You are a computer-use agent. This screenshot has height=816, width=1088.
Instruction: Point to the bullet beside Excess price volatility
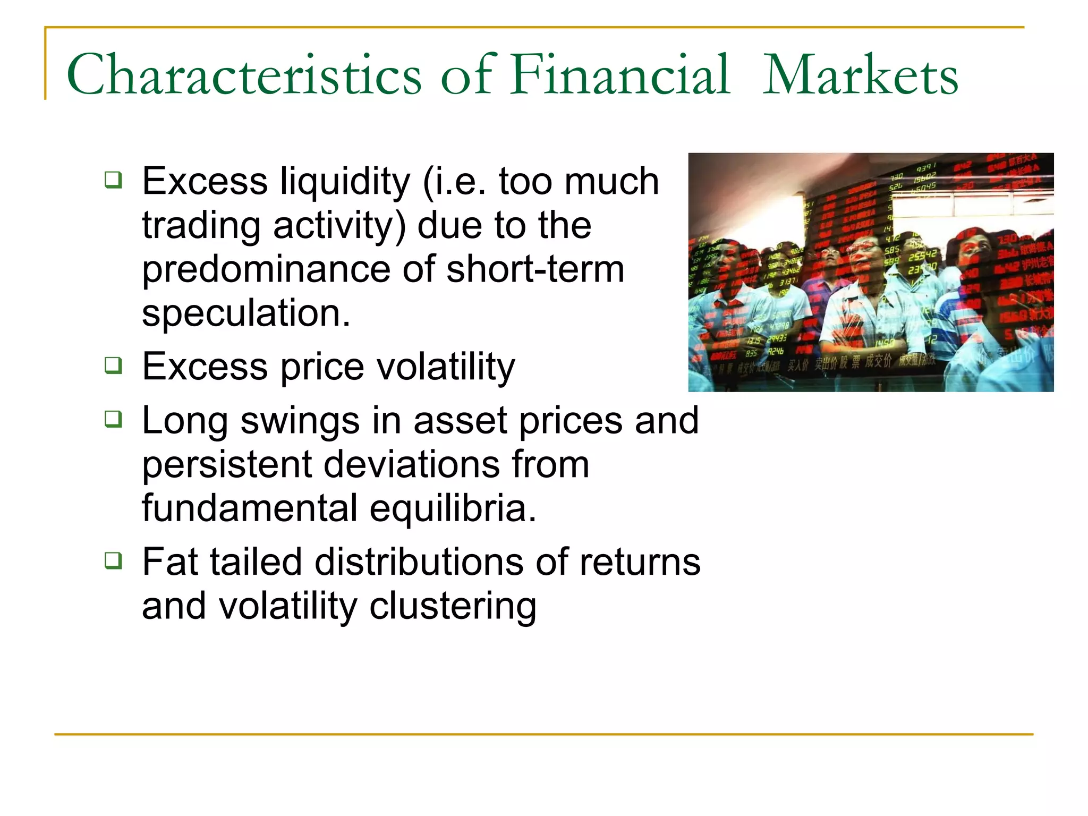point(113,365)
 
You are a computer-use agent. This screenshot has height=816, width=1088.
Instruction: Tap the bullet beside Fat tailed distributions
point(113,560)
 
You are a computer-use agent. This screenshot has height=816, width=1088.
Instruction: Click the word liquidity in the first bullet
point(345,182)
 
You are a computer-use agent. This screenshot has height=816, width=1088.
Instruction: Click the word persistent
point(226,465)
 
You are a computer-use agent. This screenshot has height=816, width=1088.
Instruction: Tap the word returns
point(640,562)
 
